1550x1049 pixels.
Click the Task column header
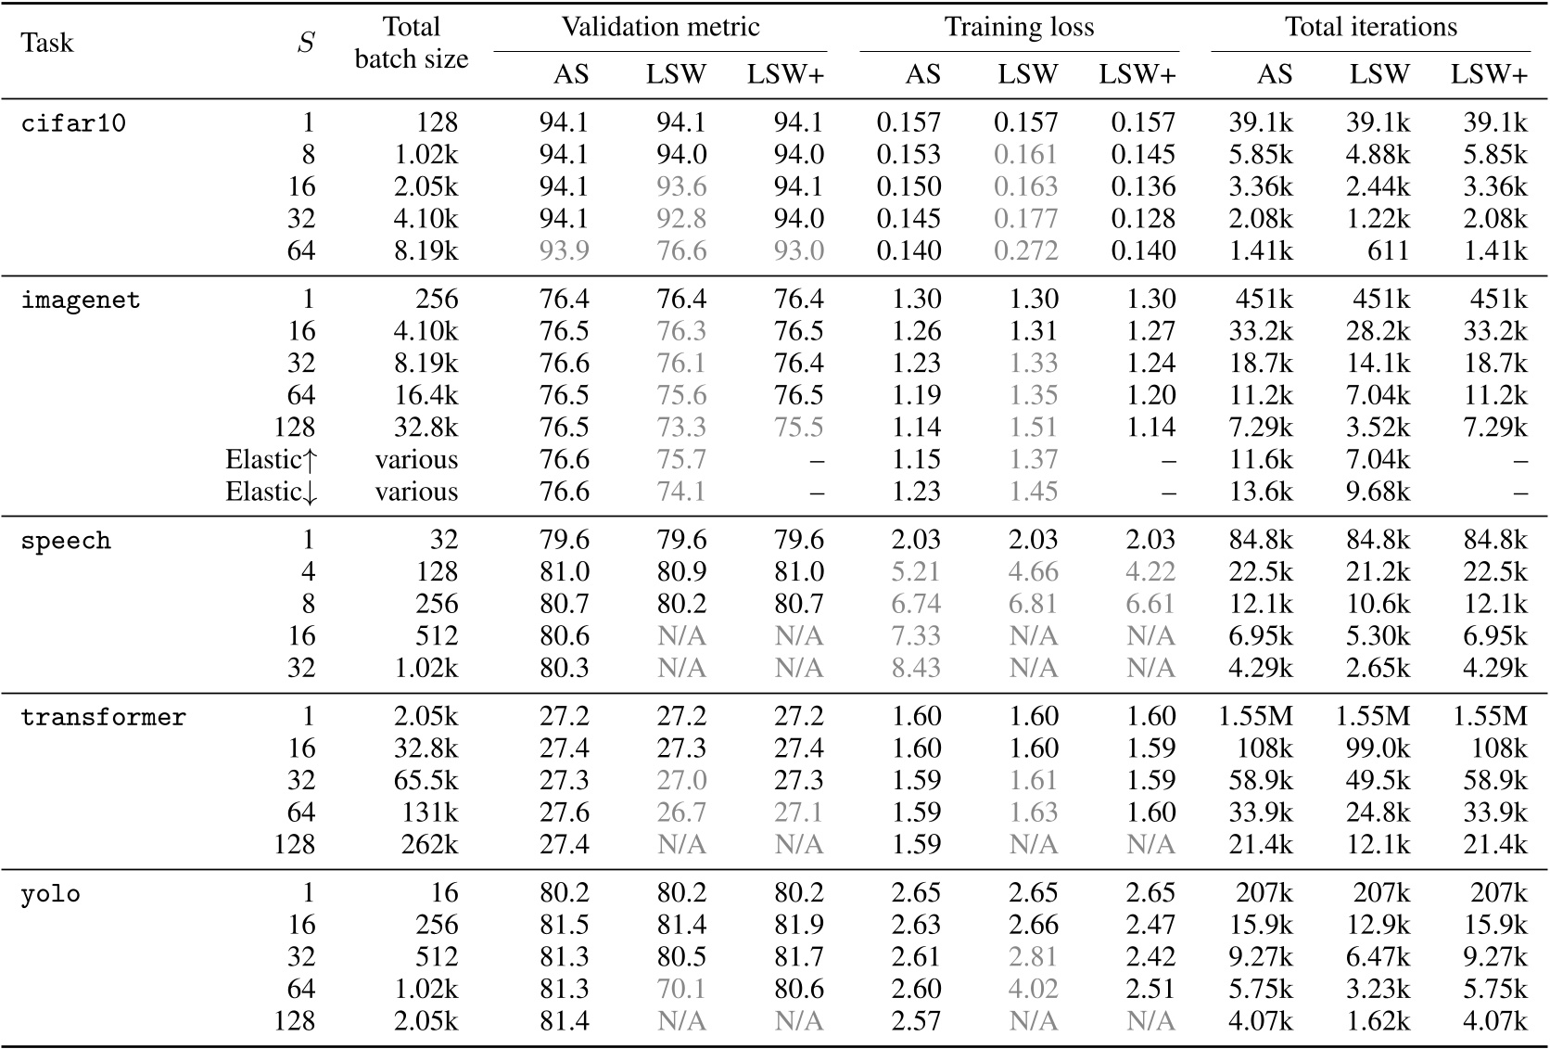[x=46, y=43]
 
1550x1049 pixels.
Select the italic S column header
[x=305, y=43]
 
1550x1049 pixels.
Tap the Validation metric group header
[x=660, y=27]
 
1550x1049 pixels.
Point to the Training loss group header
[x=1019, y=27]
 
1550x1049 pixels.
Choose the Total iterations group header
[x=1370, y=27]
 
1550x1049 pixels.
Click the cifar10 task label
[x=73, y=123]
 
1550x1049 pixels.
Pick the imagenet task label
[x=81, y=301]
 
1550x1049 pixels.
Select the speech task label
[x=66, y=541]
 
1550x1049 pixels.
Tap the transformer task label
[x=103, y=718]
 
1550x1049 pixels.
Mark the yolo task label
[x=50, y=894]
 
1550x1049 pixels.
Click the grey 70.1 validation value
[x=681, y=990]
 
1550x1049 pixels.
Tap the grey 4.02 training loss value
[x=1033, y=990]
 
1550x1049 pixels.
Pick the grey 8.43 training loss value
[x=916, y=669]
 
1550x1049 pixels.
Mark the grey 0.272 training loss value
[x=1025, y=251]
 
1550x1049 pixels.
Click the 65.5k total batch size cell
[x=426, y=781]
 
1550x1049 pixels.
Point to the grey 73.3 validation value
[x=681, y=428]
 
